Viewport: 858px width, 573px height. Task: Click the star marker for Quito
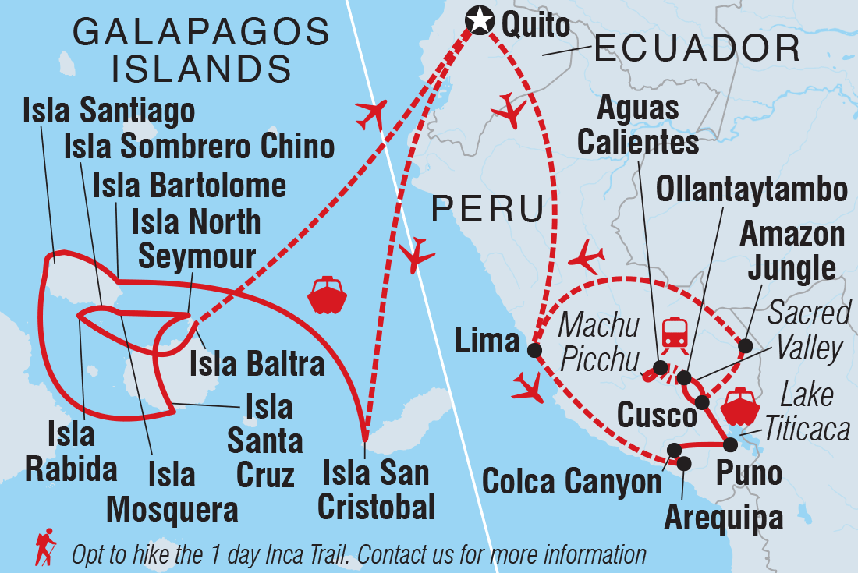pos(477,20)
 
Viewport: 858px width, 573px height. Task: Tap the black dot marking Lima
pos(534,351)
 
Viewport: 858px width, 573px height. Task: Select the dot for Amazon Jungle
pos(746,345)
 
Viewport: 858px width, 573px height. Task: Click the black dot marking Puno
pos(730,444)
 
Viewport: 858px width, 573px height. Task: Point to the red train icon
pos(672,333)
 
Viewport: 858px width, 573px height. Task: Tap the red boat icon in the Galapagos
pos(326,294)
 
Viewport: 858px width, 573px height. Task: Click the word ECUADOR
pos(697,50)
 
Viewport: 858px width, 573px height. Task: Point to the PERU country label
pos(488,210)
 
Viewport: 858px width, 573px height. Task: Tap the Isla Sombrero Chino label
pos(200,146)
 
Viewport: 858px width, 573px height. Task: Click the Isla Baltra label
pos(257,364)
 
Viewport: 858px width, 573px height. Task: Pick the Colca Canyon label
pos(572,482)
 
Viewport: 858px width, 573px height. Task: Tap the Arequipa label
pos(723,518)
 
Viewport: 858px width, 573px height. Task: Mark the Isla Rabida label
pos(71,453)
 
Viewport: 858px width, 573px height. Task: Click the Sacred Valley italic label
pos(808,331)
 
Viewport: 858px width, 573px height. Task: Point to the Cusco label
pos(657,415)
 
